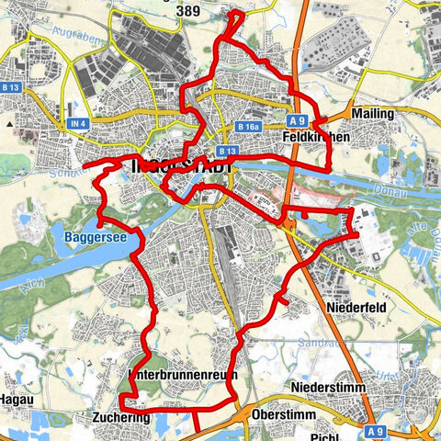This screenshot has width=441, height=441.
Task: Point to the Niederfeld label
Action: click(353, 305)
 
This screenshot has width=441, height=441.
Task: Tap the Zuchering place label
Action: click(120, 416)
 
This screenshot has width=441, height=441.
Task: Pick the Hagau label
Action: click(16, 400)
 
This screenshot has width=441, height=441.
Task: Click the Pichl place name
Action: click(326, 437)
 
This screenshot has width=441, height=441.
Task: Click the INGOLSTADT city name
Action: click(178, 166)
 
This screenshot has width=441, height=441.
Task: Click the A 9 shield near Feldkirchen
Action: click(295, 119)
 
